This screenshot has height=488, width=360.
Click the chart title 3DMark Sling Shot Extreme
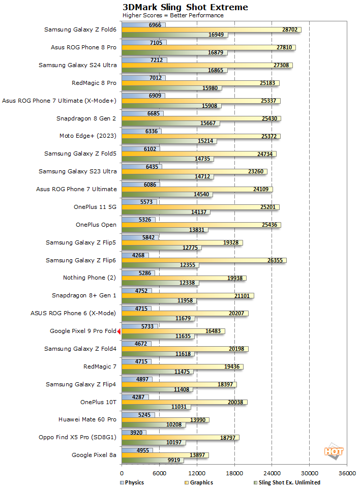point(185,7)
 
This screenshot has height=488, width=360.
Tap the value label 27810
point(284,47)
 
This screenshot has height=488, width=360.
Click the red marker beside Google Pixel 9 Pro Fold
point(119,331)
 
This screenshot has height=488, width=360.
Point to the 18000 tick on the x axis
point(234,473)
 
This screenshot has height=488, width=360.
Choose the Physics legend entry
point(132,482)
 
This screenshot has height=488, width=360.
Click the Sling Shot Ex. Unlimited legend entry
point(287,482)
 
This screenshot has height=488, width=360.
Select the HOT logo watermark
point(334,451)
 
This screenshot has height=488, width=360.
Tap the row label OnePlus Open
point(96,225)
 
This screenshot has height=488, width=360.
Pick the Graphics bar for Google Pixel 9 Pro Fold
point(173,331)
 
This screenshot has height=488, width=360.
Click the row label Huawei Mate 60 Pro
point(87,419)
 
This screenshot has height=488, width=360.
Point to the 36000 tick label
point(347,473)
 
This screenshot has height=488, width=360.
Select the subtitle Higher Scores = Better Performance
point(173,15)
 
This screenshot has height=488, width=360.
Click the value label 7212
point(158,60)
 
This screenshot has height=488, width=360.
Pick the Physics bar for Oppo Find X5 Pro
point(134,433)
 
